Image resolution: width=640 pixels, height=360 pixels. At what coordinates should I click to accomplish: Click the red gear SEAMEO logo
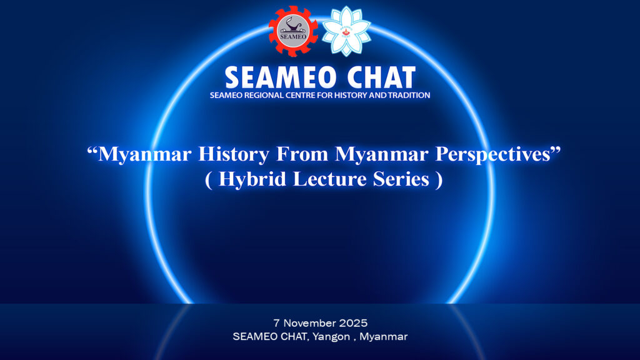pyautogui.click(x=293, y=31)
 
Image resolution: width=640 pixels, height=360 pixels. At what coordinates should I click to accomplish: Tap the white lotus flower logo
pyautogui.click(x=346, y=31)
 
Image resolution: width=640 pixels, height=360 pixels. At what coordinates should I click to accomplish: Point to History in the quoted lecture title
pyautogui.click(x=234, y=154)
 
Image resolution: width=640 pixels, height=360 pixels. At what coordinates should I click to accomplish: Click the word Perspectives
pyautogui.click(x=493, y=154)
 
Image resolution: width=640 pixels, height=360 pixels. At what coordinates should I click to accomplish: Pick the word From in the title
pyautogui.click(x=302, y=154)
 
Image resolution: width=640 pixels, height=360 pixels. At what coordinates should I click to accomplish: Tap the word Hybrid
pyautogui.click(x=252, y=179)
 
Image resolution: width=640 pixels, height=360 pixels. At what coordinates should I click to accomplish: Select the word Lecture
pyautogui.click(x=329, y=179)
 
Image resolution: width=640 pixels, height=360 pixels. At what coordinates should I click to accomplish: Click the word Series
pyautogui.click(x=401, y=179)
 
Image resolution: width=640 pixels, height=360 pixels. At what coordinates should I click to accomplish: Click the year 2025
pyautogui.click(x=354, y=323)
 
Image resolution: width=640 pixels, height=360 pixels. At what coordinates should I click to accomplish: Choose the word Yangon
pyautogui.click(x=331, y=337)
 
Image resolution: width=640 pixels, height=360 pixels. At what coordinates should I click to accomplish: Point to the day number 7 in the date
pyautogui.click(x=276, y=323)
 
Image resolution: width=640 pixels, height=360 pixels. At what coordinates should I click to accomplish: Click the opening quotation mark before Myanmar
pyautogui.click(x=92, y=150)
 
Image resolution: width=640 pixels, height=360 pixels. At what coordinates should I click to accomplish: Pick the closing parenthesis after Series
pyautogui.click(x=439, y=179)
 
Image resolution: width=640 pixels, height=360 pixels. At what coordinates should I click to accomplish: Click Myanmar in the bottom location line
pyautogui.click(x=383, y=337)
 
